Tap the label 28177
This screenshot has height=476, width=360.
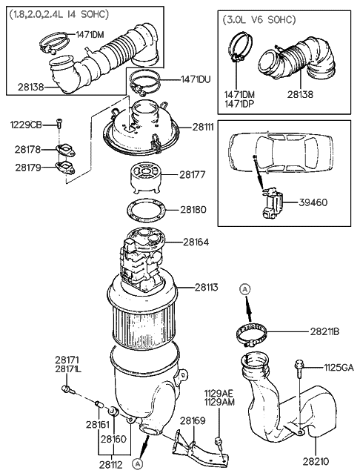click(x=193, y=175)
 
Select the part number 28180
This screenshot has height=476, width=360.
click(x=193, y=210)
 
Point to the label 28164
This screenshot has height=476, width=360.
click(x=196, y=242)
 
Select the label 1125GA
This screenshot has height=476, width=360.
click(x=339, y=366)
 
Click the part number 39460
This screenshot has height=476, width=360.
click(x=314, y=202)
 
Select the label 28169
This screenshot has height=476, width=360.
click(x=193, y=421)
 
